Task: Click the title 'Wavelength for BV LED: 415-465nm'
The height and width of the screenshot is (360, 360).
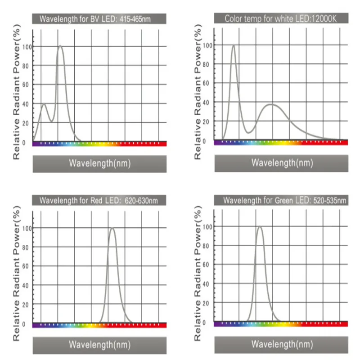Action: click(99, 19)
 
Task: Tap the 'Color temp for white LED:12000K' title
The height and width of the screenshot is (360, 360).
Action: click(281, 18)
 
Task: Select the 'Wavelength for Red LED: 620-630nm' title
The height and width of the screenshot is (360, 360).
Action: click(99, 200)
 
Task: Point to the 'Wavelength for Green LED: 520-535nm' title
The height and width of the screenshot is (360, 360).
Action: click(281, 200)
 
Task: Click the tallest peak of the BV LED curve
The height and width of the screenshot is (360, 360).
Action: click(60, 46)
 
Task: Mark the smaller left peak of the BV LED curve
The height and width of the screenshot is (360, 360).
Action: click(44, 104)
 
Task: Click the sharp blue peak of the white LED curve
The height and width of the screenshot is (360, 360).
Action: click(233, 45)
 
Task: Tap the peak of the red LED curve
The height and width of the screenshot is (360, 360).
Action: click(112, 229)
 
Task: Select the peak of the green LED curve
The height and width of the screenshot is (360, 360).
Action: click(259, 227)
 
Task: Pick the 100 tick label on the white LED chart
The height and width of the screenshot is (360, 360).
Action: click(207, 45)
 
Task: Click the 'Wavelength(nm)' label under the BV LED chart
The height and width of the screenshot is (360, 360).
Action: click(99, 163)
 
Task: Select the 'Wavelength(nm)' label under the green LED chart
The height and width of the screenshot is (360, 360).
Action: click(281, 345)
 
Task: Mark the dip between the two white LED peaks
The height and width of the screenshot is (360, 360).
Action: click(249, 132)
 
